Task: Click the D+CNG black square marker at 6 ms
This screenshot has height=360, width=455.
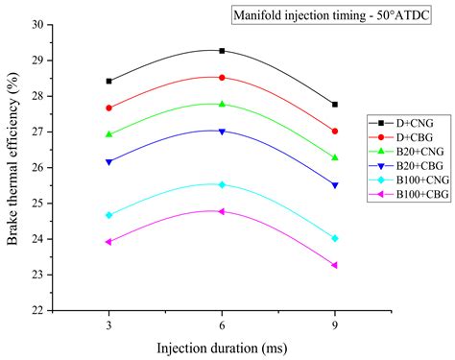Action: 222,51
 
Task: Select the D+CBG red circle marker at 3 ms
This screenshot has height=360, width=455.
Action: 108,108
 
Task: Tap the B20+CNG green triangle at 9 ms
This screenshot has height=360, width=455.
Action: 334,157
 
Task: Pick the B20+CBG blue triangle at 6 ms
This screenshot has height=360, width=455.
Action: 222,132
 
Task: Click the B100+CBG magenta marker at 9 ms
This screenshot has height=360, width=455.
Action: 334,265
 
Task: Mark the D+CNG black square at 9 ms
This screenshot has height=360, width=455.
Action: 334,104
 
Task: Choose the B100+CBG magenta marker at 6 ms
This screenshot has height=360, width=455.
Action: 222,211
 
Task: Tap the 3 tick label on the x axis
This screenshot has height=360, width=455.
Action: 108,324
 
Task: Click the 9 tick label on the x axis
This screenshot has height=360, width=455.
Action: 334,324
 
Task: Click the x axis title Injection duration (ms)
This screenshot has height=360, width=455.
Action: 222,347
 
